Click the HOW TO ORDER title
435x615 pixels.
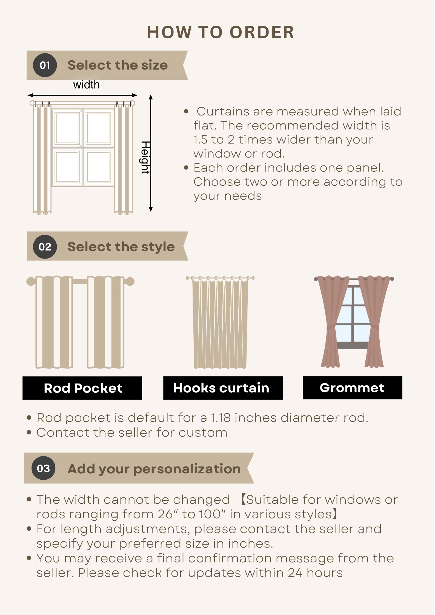click(221, 32)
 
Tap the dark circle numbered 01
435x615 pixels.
click(45, 65)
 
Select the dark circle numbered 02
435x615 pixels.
click(45, 247)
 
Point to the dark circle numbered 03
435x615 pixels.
click(43, 468)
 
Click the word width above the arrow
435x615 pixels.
click(86, 85)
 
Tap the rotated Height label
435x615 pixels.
click(145, 158)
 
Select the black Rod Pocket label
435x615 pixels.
click(82, 388)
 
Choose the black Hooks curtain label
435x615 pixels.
click(223, 388)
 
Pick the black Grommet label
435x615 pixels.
click(352, 388)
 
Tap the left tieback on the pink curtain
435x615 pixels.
click(331, 327)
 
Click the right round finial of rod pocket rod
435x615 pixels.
click(130, 281)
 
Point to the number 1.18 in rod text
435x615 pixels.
click(221, 418)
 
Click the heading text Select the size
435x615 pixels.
click(118, 65)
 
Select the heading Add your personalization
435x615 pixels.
click(154, 469)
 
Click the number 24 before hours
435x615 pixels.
click(295, 573)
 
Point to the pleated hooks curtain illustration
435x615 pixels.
click(220, 323)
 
